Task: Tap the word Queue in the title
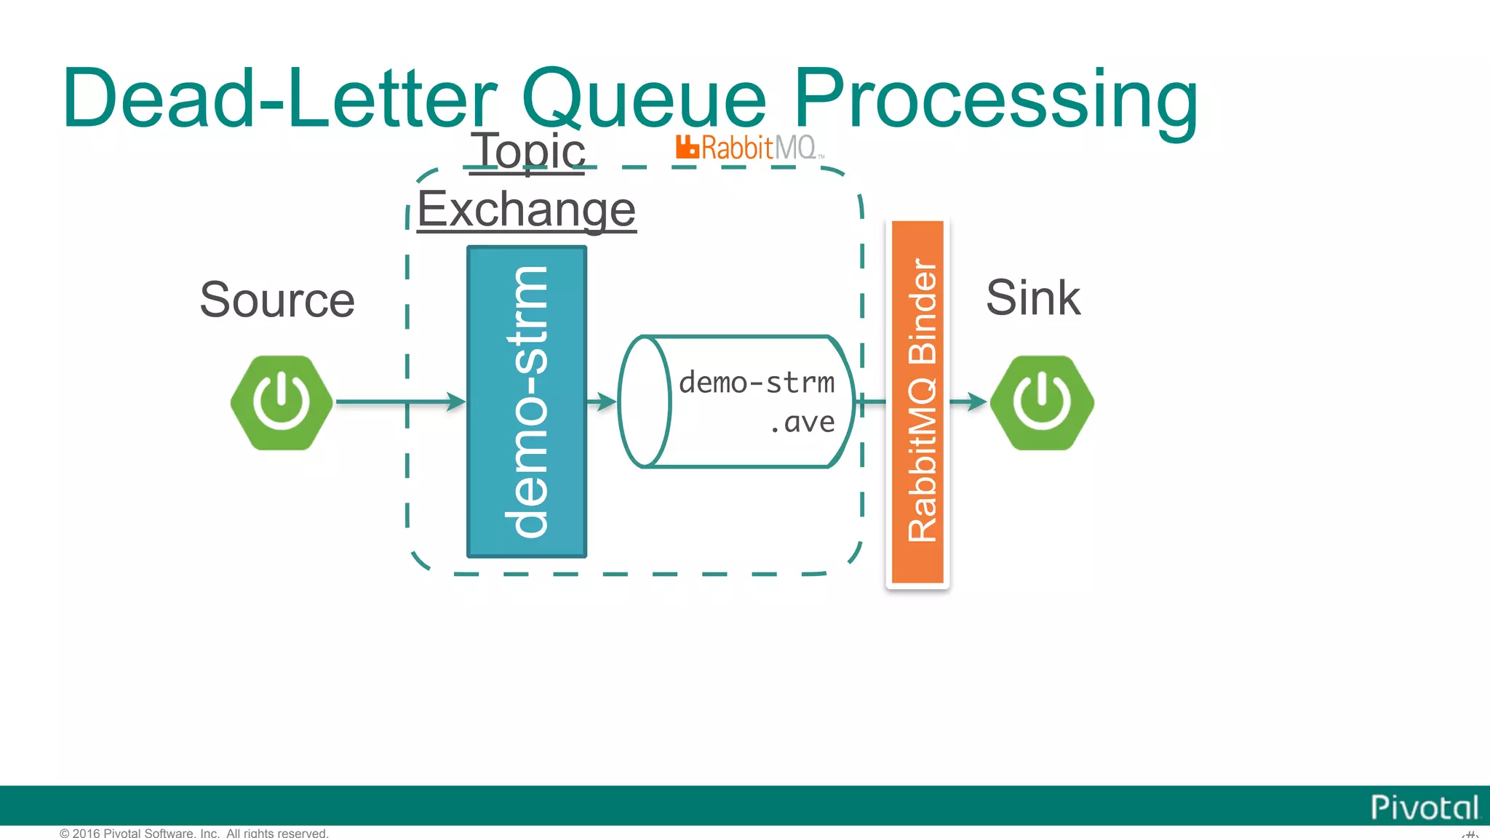pyautogui.click(x=645, y=98)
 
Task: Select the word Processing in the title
pyautogui.click(x=995, y=98)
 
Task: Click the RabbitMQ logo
pyautogui.click(x=749, y=148)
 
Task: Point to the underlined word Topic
pyautogui.click(x=528, y=151)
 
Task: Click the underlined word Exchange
pyautogui.click(x=527, y=209)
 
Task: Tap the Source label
pyautogui.click(x=277, y=300)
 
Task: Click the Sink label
pyautogui.click(x=1033, y=298)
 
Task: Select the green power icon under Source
pyautogui.click(x=282, y=402)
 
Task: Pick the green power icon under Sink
pyautogui.click(x=1042, y=402)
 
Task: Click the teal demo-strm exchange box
pyautogui.click(x=527, y=402)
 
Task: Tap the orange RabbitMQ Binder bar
pyautogui.click(x=917, y=402)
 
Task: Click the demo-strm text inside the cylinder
pyautogui.click(x=757, y=383)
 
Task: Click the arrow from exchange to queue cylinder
pyautogui.click(x=602, y=402)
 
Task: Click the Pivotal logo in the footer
pyautogui.click(x=1424, y=807)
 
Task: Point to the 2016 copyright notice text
pyautogui.click(x=194, y=833)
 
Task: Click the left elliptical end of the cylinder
pyautogui.click(x=644, y=402)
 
